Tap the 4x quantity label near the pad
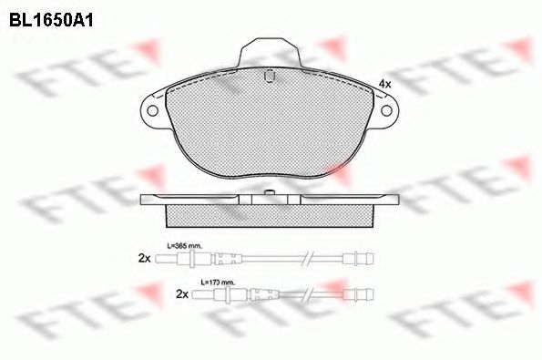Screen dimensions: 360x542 [x=384, y=84]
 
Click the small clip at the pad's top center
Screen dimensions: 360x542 [x=270, y=78]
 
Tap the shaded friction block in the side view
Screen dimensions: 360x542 [x=270, y=214]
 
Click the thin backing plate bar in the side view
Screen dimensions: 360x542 [x=270, y=200]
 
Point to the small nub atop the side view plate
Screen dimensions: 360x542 [x=270, y=192]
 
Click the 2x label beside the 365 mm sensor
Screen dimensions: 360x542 [x=144, y=259]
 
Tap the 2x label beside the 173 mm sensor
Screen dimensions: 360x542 [x=181, y=295]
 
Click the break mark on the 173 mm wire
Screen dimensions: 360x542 [x=311, y=295]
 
